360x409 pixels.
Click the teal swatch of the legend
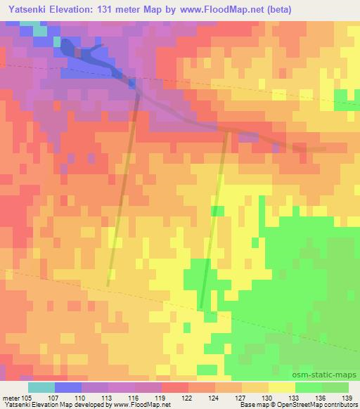tap(41, 387)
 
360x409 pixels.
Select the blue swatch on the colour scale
tap(67, 387)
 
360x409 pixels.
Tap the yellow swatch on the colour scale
tap(281, 387)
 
